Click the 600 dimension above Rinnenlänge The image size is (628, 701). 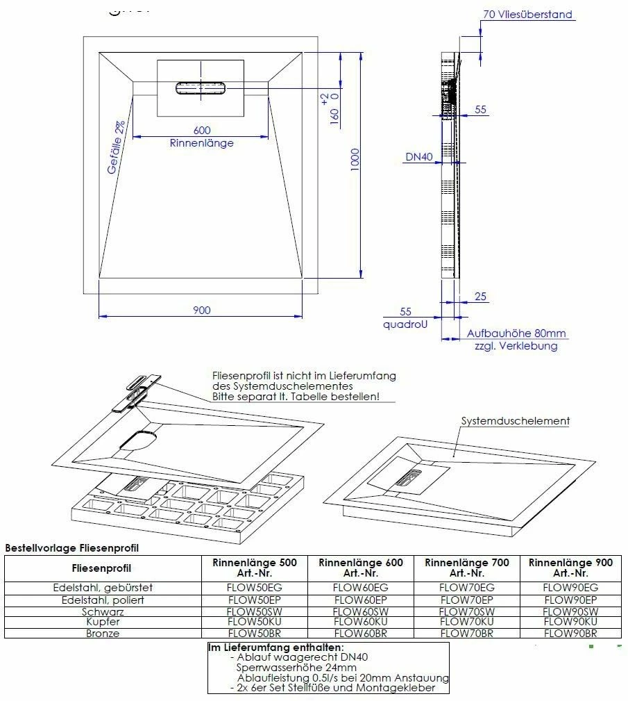[x=202, y=130]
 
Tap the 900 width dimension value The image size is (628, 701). [x=201, y=310]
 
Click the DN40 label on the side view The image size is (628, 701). [x=418, y=158]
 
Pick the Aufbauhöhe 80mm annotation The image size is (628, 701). [x=516, y=333]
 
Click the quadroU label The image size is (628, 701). [x=405, y=324]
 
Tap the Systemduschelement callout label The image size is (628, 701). [x=515, y=420]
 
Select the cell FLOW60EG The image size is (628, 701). [x=360, y=588]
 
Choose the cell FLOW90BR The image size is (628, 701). [x=570, y=633]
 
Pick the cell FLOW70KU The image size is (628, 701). [x=466, y=622]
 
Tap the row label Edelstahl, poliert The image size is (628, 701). [x=103, y=600]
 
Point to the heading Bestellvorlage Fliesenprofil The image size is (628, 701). [x=71, y=548]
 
